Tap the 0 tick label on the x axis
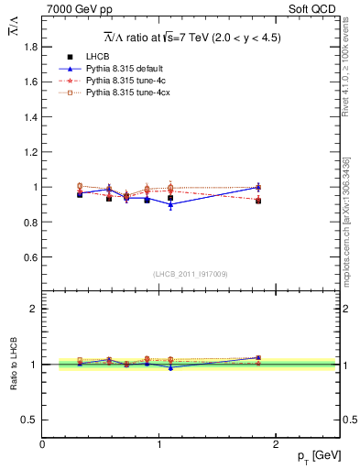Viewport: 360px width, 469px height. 42,444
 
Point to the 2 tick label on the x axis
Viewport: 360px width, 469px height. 278,444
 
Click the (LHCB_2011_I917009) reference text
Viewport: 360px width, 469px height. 191,274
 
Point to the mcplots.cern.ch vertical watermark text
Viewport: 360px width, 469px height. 345,220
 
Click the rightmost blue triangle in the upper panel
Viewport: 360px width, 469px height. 258,187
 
